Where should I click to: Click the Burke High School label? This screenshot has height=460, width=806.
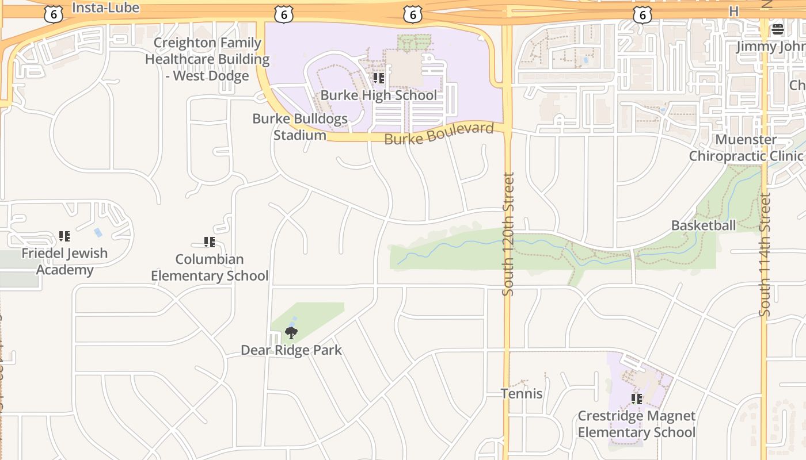(378, 95)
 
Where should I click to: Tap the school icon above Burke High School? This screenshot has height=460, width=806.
(378, 78)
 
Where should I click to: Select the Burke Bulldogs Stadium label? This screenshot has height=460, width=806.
(300, 127)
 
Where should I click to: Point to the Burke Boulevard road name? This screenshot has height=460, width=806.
(439, 133)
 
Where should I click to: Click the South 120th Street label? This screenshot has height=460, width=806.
(508, 234)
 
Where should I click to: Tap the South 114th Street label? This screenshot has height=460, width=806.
(765, 255)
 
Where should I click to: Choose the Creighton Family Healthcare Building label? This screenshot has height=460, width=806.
(207, 59)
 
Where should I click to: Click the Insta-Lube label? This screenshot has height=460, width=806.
(106, 7)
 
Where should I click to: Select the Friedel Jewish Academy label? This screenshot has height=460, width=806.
(64, 262)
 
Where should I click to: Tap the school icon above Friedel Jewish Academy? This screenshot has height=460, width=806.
(64, 236)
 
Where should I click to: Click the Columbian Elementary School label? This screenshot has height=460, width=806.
(210, 267)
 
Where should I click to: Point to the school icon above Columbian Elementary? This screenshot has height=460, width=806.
(210, 242)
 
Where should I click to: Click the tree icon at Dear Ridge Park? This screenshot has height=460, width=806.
(291, 333)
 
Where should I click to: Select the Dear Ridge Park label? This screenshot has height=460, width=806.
(291, 350)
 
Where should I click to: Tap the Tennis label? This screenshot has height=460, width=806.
(522, 394)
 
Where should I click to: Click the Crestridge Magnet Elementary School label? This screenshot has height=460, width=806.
(637, 424)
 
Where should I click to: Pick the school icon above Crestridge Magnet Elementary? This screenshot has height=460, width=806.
(637, 398)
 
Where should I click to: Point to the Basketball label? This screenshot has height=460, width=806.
(704, 225)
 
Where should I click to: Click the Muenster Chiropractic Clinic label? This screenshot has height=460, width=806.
(746, 148)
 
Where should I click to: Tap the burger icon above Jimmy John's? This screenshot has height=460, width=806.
(778, 29)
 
